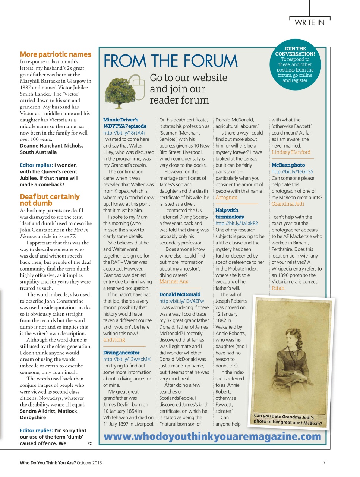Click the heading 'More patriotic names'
pyautogui.click(x=56, y=54)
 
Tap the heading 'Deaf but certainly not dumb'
pyautogui.click(x=50, y=200)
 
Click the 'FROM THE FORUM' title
pyautogui.click(x=170, y=61)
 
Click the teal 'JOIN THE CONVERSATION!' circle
pyautogui.click(x=295, y=65)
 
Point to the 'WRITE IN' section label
pyautogui.click(x=309, y=22)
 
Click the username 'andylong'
pyautogui.click(x=114, y=340)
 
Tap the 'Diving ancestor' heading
pyautogui.click(x=121, y=353)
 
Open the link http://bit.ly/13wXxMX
pyautogui.click(x=127, y=359)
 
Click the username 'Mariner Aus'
pyautogui.click(x=174, y=282)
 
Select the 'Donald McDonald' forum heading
pyautogui.click(x=180, y=294)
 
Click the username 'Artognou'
pyautogui.click(x=226, y=198)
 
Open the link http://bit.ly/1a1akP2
pyautogui.click(x=236, y=223)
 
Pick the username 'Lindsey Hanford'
pyautogui.click(x=291, y=152)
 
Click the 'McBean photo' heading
pyautogui.click(x=288, y=165)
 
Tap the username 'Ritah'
pyautogui.click(x=278, y=288)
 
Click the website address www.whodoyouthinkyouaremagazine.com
pyautogui.click(x=212, y=436)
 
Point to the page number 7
pyautogui.click(x=324, y=463)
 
